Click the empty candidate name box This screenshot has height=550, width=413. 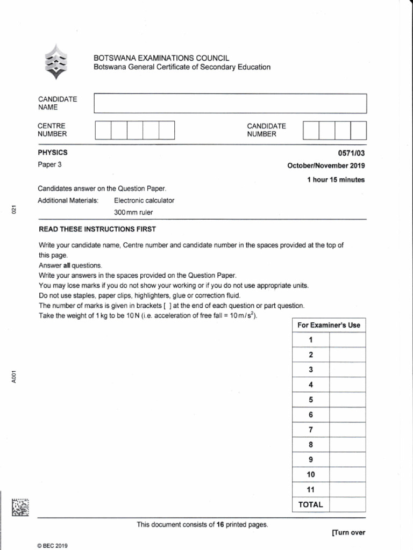pyautogui.click(x=230, y=103)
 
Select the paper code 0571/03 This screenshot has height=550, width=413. pyautogui.click(x=352, y=153)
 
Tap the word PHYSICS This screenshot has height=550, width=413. pyautogui.click(x=52, y=153)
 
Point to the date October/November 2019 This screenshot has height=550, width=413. pyautogui.click(x=326, y=165)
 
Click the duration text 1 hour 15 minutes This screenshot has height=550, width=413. pyautogui.click(x=336, y=180)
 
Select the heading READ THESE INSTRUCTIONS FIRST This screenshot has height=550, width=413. pyautogui.click(x=97, y=229)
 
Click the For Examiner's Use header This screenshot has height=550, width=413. pyautogui.click(x=329, y=325)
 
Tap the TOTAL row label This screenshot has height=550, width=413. pyautogui.click(x=310, y=504)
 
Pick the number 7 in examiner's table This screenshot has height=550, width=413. pyautogui.click(x=310, y=430)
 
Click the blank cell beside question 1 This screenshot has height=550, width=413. pyautogui.click(x=347, y=340)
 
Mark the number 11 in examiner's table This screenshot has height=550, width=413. pyautogui.click(x=310, y=489)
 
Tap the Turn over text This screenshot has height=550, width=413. pyautogui.click(x=348, y=533)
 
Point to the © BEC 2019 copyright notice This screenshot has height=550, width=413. pyautogui.click(x=53, y=545)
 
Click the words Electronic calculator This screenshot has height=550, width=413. pyautogui.click(x=144, y=200)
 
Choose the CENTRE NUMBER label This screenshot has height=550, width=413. pyautogui.click(x=52, y=130)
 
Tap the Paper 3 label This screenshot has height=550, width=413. pyautogui.click(x=49, y=165)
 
